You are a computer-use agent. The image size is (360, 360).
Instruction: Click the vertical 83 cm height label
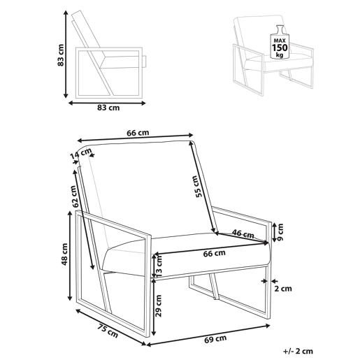(61, 55)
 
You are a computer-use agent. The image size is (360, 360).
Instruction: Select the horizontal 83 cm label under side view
(108, 108)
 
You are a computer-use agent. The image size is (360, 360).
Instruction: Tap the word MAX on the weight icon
(280, 41)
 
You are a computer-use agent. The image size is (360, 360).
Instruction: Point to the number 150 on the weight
(280, 48)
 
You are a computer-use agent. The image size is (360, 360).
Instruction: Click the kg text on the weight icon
(280, 55)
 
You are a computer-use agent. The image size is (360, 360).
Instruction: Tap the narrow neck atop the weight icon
(280, 29)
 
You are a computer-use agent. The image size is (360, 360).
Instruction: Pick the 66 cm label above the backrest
(138, 133)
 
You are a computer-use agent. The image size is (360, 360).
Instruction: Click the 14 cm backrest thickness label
(80, 154)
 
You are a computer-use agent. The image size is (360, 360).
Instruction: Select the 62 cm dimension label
(75, 196)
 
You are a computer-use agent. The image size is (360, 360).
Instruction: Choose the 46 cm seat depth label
(243, 234)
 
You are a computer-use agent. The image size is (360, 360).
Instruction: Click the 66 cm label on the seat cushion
(214, 253)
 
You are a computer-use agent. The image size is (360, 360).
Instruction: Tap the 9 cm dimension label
(280, 232)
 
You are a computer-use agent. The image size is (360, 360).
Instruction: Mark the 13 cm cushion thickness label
(159, 266)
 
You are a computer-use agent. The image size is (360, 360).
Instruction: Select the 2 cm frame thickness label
(283, 289)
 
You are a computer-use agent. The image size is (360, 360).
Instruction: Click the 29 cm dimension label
(159, 305)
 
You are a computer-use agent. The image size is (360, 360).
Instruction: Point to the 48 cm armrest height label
(64, 254)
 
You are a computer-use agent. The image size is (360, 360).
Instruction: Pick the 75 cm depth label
(108, 331)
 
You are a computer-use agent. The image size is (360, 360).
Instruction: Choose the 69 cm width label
(215, 339)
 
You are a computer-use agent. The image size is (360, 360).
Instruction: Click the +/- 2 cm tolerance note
(298, 351)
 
